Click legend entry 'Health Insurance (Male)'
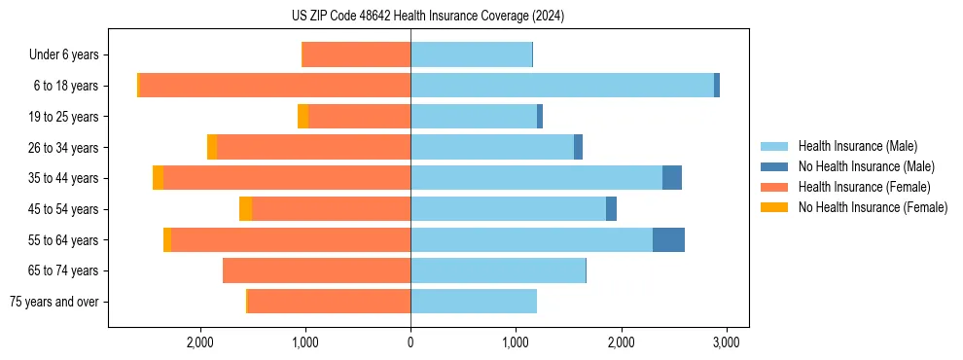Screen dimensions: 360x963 (857, 146)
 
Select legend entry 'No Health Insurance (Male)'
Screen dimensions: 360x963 (865, 166)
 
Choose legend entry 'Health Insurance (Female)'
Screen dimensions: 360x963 (863, 187)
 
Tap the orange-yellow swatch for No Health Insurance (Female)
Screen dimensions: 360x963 (775, 207)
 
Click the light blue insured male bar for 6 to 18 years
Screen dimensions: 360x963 (562, 86)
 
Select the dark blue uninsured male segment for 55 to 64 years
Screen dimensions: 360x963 (668, 239)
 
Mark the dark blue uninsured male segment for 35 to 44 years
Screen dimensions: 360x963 (671, 178)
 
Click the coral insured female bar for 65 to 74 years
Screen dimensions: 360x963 (316, 270)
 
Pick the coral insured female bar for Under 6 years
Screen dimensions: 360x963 (357, 54)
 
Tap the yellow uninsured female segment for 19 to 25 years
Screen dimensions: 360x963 (303, 117)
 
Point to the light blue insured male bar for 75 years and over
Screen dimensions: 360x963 (474, 302)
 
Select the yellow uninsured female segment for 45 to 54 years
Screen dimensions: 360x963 (245, 209)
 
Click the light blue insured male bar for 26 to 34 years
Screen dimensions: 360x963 (492, 147)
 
